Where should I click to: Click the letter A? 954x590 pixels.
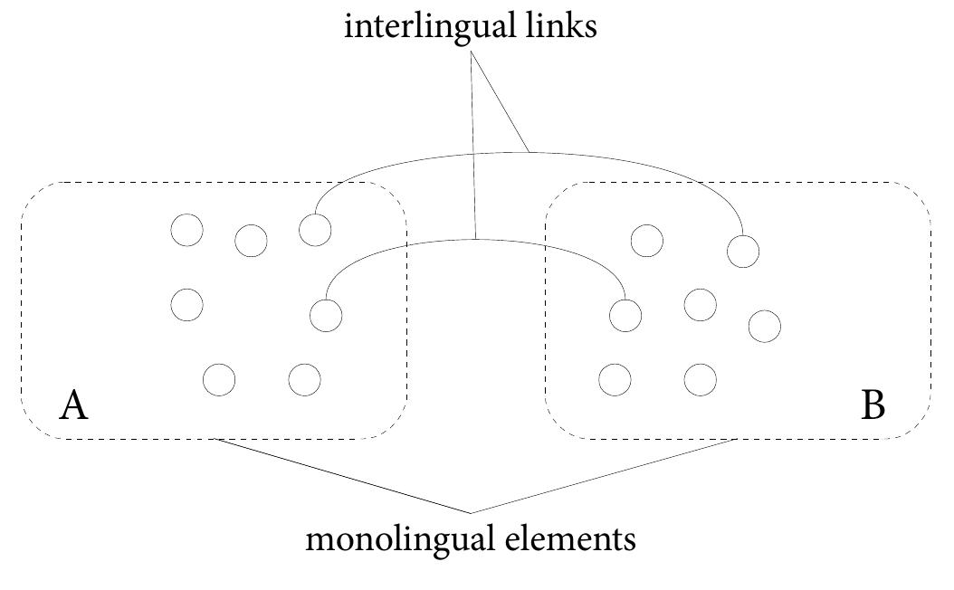[73, 406]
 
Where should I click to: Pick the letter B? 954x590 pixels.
[873, 406]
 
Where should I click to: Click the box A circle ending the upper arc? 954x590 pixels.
[314, 229]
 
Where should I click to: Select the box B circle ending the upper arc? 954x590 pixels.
[742, 251]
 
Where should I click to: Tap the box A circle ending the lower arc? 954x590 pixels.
[325, 316]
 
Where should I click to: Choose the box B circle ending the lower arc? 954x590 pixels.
[625, 316]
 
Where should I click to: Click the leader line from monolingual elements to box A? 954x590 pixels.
[344, 476]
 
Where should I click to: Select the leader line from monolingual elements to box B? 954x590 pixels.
[606, 476]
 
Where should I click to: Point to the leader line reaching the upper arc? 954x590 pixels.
[500, 100]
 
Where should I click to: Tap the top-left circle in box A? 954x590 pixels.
[186, 230]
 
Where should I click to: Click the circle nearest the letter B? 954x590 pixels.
[764, 326]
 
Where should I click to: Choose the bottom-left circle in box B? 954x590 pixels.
[615, 379]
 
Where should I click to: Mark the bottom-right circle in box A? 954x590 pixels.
[304, 380]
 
